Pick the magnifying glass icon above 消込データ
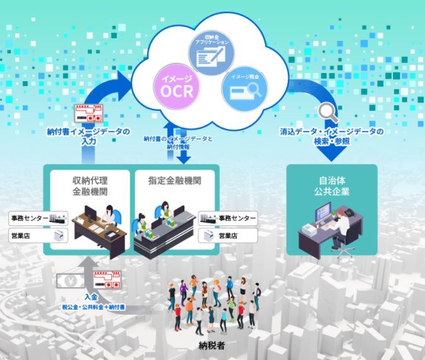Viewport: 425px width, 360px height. tap(328, 113)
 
